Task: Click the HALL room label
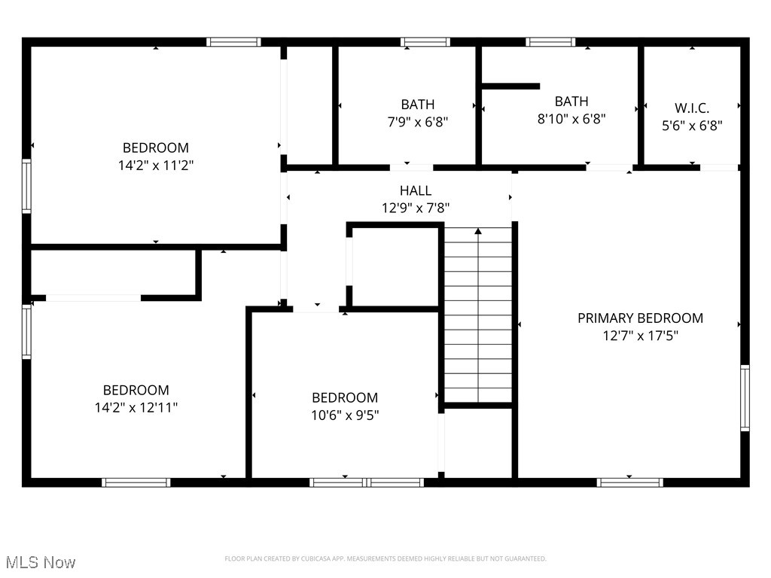(416, 191)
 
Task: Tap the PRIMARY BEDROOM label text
(640, 318)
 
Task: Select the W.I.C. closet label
(691, 108)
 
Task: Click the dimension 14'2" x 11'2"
(156, 165)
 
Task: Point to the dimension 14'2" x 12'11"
(136, 407)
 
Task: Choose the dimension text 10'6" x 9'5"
(345, 415)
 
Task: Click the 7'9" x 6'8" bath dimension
(417, 122)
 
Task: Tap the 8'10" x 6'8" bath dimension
(571, 118)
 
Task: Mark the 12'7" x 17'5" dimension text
(640, 336)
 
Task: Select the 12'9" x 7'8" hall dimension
(416, 208)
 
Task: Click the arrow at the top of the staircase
(478, 232)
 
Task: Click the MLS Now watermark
(41, 562)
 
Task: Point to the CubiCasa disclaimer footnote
(385, 558)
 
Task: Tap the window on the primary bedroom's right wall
(744, 397)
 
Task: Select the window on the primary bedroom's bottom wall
(629, 482)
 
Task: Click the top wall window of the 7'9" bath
(425, 42)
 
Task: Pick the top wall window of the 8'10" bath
(550, 42)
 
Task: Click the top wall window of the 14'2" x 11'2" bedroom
(233, 42)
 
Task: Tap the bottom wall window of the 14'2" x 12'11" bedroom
(136, 482)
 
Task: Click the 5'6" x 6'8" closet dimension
(691, 126)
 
